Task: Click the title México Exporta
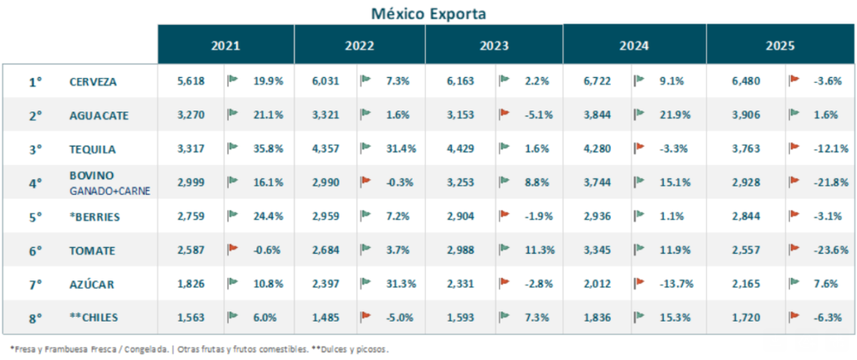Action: click(x=428, y=13)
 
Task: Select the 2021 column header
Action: click(x=226, y=45)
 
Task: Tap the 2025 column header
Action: click(x=779, y=45)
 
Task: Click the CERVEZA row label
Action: click(x=93, y=82)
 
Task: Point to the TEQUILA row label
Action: click(x=92, y=150)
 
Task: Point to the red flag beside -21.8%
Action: click(x=794, y=182)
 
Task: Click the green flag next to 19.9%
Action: click(x=233, y=80)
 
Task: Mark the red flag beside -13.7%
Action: click(x=639, y=283)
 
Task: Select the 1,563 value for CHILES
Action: click(x=191, y=318)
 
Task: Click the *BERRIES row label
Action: click(x=95, y=217)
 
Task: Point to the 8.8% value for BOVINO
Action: click(x=539, y=183)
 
